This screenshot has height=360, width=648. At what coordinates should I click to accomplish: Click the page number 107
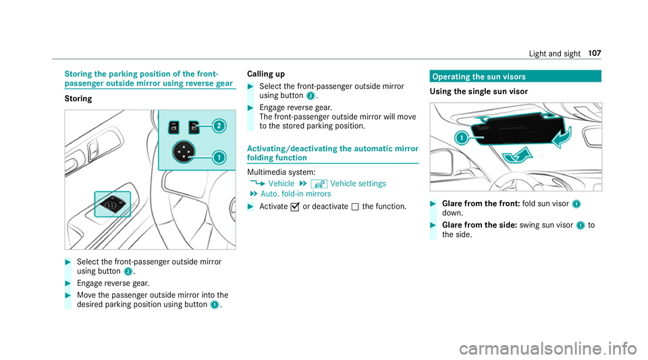[x=595, y=53]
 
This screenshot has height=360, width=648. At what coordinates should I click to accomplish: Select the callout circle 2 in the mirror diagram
[x=219, y=126]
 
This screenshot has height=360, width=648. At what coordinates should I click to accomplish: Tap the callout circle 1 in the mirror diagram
[x=219, y=157]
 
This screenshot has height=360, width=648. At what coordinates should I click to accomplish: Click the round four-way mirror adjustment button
[x=184, y=152]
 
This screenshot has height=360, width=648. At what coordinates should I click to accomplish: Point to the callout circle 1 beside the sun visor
[x=461, y=137]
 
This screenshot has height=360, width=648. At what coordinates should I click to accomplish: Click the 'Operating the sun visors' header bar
[x=515, y=76]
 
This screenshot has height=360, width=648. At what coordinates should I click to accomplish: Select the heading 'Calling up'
[x=266, y=74]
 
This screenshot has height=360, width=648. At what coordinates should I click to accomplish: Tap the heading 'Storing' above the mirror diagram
[x=78, y=99]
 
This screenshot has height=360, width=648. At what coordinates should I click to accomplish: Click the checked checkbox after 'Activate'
[x=295, y=207]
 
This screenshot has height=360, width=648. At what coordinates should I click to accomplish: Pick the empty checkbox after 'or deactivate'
[x=355, y=207]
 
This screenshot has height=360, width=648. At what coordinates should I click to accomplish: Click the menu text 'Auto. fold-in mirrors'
[x=296, y=194]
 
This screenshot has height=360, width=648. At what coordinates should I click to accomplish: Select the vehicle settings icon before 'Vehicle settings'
[x=319, y=184]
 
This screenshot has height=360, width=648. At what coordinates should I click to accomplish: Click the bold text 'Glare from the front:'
[x=481, y=203]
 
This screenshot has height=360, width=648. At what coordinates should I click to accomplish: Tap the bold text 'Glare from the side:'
[x=480, y=225]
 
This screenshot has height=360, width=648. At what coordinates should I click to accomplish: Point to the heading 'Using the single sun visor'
[x=479, y=91]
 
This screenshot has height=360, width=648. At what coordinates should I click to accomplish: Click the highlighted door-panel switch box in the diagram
[x=113, y=204]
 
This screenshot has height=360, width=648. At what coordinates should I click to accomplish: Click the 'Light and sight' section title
[x=555, y=54]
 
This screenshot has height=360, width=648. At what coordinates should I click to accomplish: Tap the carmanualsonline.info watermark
[x=548, y=349]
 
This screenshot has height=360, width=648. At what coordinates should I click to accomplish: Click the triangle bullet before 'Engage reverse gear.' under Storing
[x=68, y=284]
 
